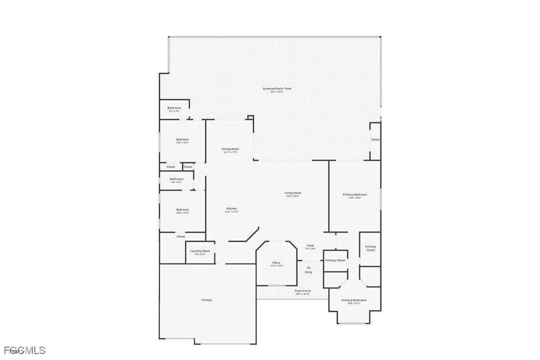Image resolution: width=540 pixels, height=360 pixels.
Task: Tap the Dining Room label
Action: (230, 149)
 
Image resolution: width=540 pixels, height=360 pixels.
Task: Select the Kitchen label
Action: (232, 209)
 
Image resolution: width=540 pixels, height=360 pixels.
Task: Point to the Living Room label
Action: (293, 193)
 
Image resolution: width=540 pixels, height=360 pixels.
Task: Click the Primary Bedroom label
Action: (355, 194)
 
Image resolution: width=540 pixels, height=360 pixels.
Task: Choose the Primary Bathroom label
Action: (354, 300)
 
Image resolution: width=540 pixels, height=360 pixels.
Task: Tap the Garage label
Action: (206, 300)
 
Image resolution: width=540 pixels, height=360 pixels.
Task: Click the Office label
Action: (276, 263)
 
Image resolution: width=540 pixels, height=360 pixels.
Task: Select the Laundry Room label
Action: (200, 251)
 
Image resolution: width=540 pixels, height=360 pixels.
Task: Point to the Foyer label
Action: (310, 245)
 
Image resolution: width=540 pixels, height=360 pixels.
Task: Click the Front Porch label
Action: (302, 291)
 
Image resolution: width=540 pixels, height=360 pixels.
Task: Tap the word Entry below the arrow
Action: (309, 272)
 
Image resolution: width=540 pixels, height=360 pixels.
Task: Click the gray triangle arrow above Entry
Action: (309, 268)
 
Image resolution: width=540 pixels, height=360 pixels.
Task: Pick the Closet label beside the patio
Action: (375, 140)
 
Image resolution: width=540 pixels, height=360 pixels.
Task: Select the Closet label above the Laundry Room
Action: (180, 237)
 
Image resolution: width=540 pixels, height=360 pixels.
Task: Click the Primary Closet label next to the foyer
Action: (335, 260)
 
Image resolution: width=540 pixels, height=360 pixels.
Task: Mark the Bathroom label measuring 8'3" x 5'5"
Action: (174, 108)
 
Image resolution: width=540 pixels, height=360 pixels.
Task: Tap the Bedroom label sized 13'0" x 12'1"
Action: (182, 139)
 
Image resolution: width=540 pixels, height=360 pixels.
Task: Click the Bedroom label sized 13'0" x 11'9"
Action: (182, 210)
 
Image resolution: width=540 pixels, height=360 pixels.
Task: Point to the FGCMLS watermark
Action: (23, 350)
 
